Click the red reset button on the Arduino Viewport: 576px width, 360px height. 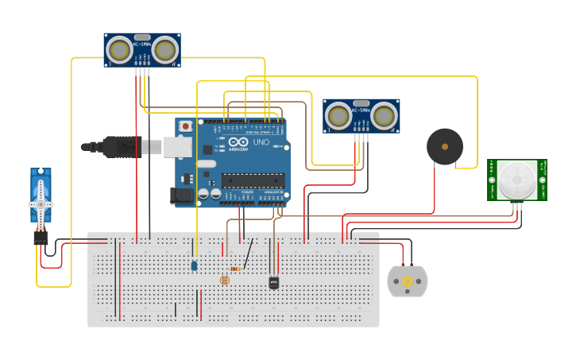[x=186, y=126]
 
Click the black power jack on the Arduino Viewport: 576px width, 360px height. [x=182, y=196]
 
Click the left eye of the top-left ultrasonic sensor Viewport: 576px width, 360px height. [x=121, y=51]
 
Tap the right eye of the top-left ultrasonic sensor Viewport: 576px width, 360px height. [x=164, y=51]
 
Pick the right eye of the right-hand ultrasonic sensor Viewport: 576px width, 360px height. [x=384, y=117]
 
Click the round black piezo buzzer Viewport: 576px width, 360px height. [x=444, y=146]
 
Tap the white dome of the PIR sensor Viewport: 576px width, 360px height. [x=516, y=179]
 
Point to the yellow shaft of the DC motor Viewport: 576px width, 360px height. [x=408, y=281]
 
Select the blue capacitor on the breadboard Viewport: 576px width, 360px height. [x=194, y=266]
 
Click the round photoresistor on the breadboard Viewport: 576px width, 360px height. [x=224, y=280]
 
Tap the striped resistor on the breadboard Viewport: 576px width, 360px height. [x=235, y=269]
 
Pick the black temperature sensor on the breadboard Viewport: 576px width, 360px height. [x=274, y=282]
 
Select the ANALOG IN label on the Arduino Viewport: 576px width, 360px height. [x=273, y=192]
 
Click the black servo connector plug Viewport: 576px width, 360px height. [x=41, y=238]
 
